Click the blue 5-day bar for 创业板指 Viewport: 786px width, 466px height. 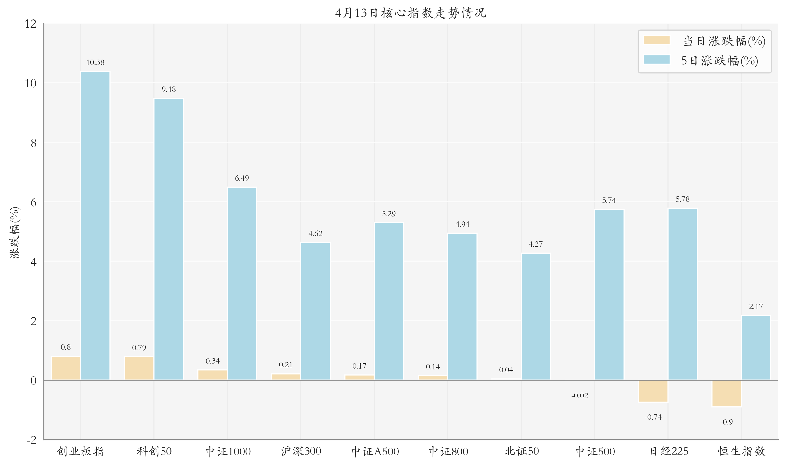pos(95,226)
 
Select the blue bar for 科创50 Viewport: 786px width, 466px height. pos(168,239)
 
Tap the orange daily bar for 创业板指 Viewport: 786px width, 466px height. pos(66,368)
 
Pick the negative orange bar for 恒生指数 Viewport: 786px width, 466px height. pos(726,393)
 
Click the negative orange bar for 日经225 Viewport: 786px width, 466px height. pos(653,391)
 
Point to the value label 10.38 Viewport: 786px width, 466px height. pos(95,63)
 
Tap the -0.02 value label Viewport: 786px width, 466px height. pos(580,396)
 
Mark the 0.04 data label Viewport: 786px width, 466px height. pos(506,370)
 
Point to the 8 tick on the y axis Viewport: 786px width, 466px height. pos(33,143)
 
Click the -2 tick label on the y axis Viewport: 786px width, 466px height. pos(31,440)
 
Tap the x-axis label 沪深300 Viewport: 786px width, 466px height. pos(301,452)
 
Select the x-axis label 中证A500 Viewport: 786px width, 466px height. pos(374,452)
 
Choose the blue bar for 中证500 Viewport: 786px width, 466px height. pos(609,295)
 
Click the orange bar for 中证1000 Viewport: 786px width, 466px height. pos(213,375)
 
